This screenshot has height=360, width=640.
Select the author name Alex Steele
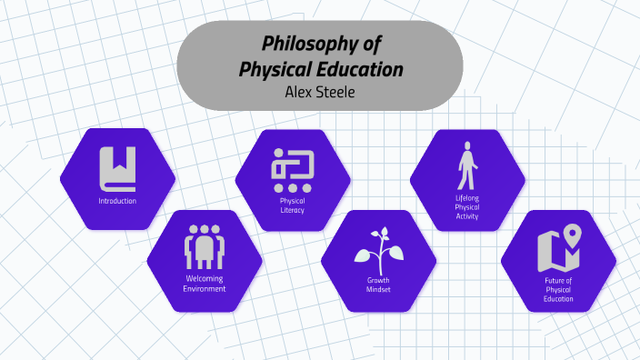click(x=319, y=91)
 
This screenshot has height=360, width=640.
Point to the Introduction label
click(x=118, y=200)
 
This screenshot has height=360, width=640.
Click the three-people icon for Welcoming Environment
click(x=205, y=245)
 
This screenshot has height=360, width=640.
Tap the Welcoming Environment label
click(x=205, y=284)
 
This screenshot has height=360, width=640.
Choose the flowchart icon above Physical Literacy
click(x=293, y=170)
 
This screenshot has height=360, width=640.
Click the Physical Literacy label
click(x=293, y=205)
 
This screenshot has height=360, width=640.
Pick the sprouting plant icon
click(x=378, y=248)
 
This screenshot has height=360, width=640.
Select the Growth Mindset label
click(x=378, y=285)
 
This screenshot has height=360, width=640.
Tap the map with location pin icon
click(x=558, y=248)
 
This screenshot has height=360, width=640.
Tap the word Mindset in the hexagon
click(x=378, y=289)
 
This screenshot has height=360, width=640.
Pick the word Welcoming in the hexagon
click(x=205, y=278)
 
